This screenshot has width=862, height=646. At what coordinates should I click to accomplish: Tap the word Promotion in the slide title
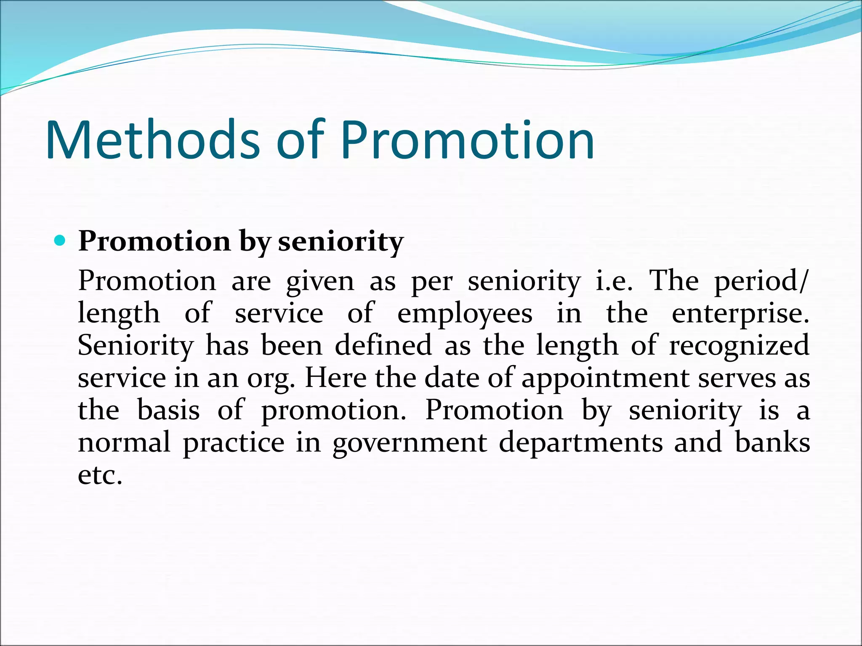click(x=467, y=140)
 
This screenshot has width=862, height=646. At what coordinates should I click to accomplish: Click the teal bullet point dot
click(x=61, y=241)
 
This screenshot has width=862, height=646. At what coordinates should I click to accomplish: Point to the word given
click(x=320, y=281)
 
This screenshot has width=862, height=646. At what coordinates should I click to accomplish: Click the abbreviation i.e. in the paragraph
click(x=614, y=281)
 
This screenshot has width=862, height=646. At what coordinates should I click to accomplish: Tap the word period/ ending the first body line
click(x=761, y=281)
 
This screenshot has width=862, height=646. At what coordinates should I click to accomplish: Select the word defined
click(x=383, y=345)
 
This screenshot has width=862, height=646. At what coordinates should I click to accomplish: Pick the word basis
click(x=168, y=410)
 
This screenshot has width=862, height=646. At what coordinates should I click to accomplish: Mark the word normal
click(x=124, y=442)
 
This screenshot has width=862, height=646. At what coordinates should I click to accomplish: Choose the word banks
click(x=772, y=442)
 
